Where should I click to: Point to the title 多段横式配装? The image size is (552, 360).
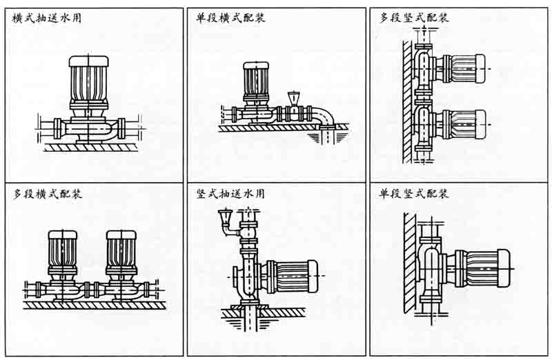[47, 195]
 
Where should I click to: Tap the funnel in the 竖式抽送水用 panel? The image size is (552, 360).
[224, 220]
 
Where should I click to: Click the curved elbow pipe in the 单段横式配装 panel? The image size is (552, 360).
[324, 117]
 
